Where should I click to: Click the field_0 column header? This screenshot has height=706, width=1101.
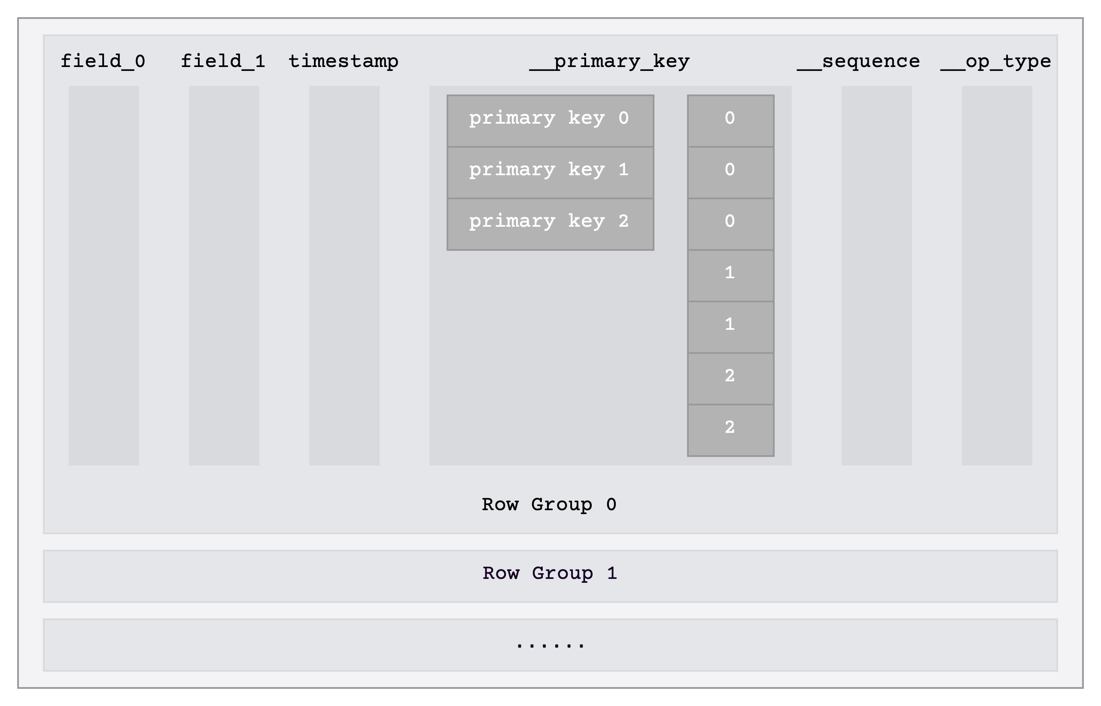pyautogui.click(x=103, y=61)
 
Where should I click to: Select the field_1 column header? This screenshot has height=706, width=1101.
pyautogui.click(x=223, y=61)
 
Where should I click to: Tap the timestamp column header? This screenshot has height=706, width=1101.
pyautogui.click(x=344, y=61)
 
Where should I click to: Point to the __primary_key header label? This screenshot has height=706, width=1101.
pyautogui.click(x=610, y=61)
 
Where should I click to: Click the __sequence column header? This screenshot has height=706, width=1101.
pyautogui.click(x=858, y=61)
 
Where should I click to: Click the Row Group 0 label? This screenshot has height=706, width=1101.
pyautogui.click(x=549, y=504)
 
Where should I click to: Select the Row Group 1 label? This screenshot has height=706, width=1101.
pyautogui.click(x=550, y=573)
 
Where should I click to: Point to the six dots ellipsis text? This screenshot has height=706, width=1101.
pyautogui.click(x=550, y=645)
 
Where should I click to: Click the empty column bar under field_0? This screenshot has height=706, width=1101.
pyautogui.click(x=103, y=275)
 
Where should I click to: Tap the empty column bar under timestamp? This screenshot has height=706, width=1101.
pyautogui.click(x=344, y=275)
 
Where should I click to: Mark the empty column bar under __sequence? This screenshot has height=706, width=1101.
pyautogui.click(x=876, y=275)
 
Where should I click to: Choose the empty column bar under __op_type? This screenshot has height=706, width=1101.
pyautogui.click(x=997, y=275)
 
